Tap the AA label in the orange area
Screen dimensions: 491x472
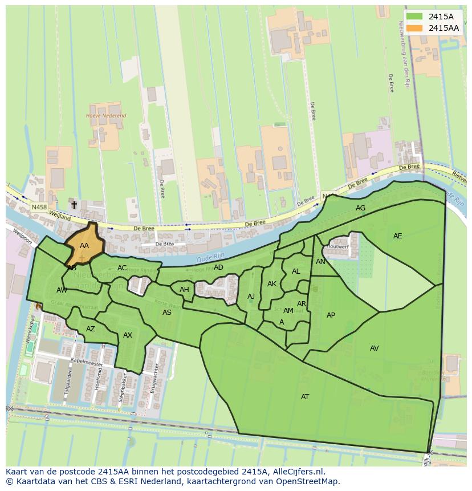coord(84,246)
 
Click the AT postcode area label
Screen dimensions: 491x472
coord(305,396)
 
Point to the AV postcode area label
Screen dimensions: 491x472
coord(374,348)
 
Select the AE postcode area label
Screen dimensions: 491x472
coord(397,236)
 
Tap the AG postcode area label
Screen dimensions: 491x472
coord(360,208)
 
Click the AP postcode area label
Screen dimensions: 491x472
coord(331,315)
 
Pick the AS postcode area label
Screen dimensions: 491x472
coord(166,312)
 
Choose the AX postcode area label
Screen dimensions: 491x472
coord(127,335)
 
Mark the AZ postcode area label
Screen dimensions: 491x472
coord(90,328)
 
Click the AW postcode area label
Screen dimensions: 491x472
coord(62,290)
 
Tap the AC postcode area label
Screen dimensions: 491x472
coord(122,267)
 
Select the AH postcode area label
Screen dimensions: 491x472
coord(184,289)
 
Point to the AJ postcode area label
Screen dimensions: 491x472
coord(251,296)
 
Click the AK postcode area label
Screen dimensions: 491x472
coord(271,283)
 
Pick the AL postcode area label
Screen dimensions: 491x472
coord(295,271)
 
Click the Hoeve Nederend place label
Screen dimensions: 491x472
coord(105,116)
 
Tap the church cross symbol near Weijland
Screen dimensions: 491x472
coord(74,204)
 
